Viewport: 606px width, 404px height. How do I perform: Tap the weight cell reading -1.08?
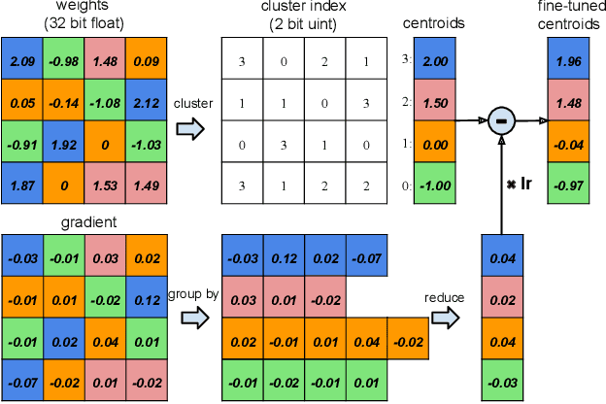coord(104,101)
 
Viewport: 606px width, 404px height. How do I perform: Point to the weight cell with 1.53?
coord(104,184)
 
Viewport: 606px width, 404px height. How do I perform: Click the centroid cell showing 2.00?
coord(435,59)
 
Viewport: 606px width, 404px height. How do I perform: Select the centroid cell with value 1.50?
coord(435,101)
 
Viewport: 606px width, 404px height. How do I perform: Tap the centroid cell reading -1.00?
coord(435,184)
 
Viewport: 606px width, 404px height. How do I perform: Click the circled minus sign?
coord(501,120)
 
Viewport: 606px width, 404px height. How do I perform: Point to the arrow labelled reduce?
coord(446,316)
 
